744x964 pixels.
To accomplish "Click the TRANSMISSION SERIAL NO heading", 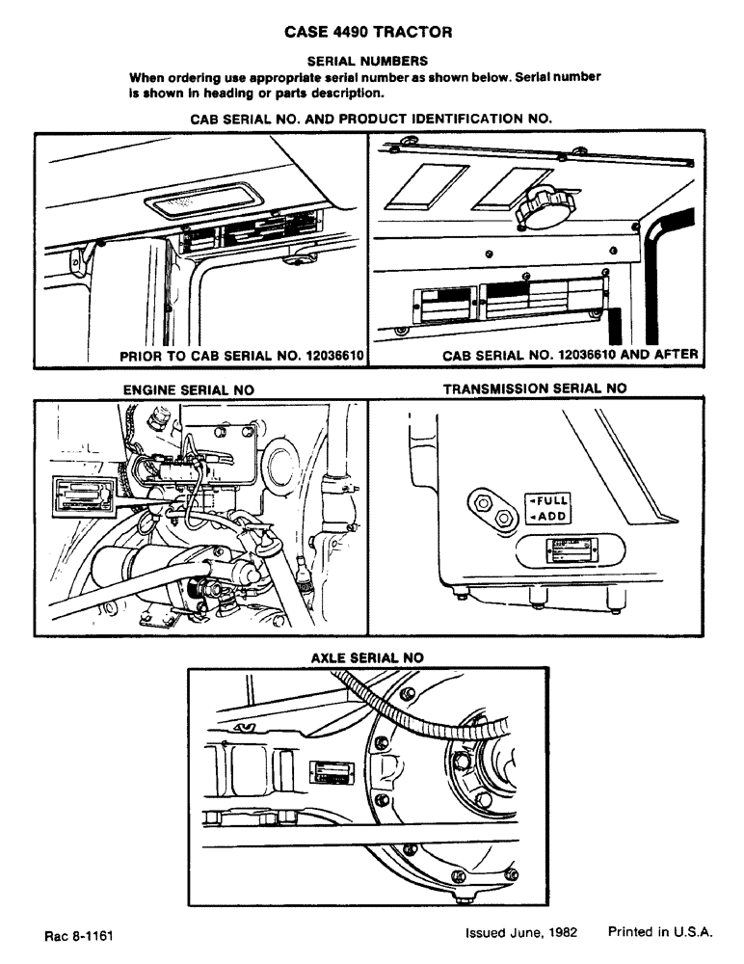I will (534, 388).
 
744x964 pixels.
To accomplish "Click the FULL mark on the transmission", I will (547, 501).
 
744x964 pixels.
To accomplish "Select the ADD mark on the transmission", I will (547, 518).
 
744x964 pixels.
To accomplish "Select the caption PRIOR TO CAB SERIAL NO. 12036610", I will (240, 356).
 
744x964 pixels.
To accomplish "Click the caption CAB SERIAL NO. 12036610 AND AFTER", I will (570, 356).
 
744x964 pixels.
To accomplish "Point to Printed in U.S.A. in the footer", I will (660, 932).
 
